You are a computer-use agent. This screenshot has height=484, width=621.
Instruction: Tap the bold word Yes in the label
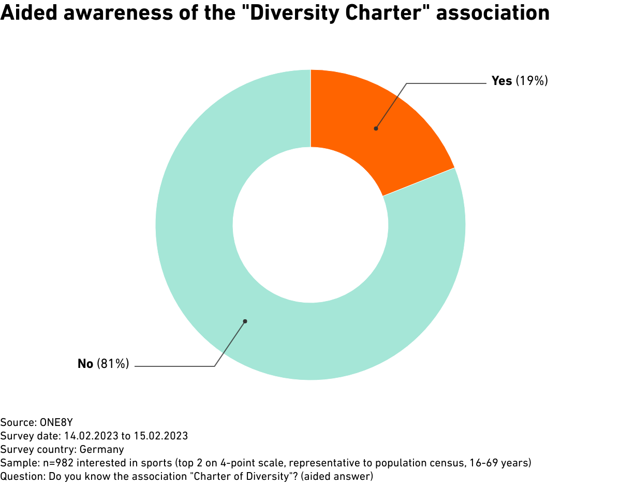(x=501, y=81)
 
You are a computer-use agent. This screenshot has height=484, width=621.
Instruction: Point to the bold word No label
(x=85, y=364)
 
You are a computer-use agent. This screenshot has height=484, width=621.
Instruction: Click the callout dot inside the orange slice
(x=376, y=129)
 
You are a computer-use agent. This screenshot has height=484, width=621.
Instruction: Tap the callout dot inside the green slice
(x=245, y=321)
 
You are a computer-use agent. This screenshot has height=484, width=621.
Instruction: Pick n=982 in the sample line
(x=54, y=462)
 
